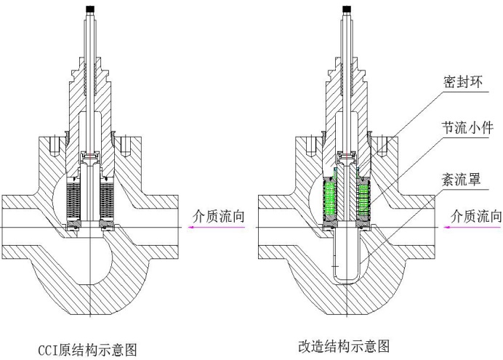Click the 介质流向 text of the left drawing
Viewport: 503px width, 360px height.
point(216,216)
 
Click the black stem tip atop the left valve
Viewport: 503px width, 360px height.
point(91,9)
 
